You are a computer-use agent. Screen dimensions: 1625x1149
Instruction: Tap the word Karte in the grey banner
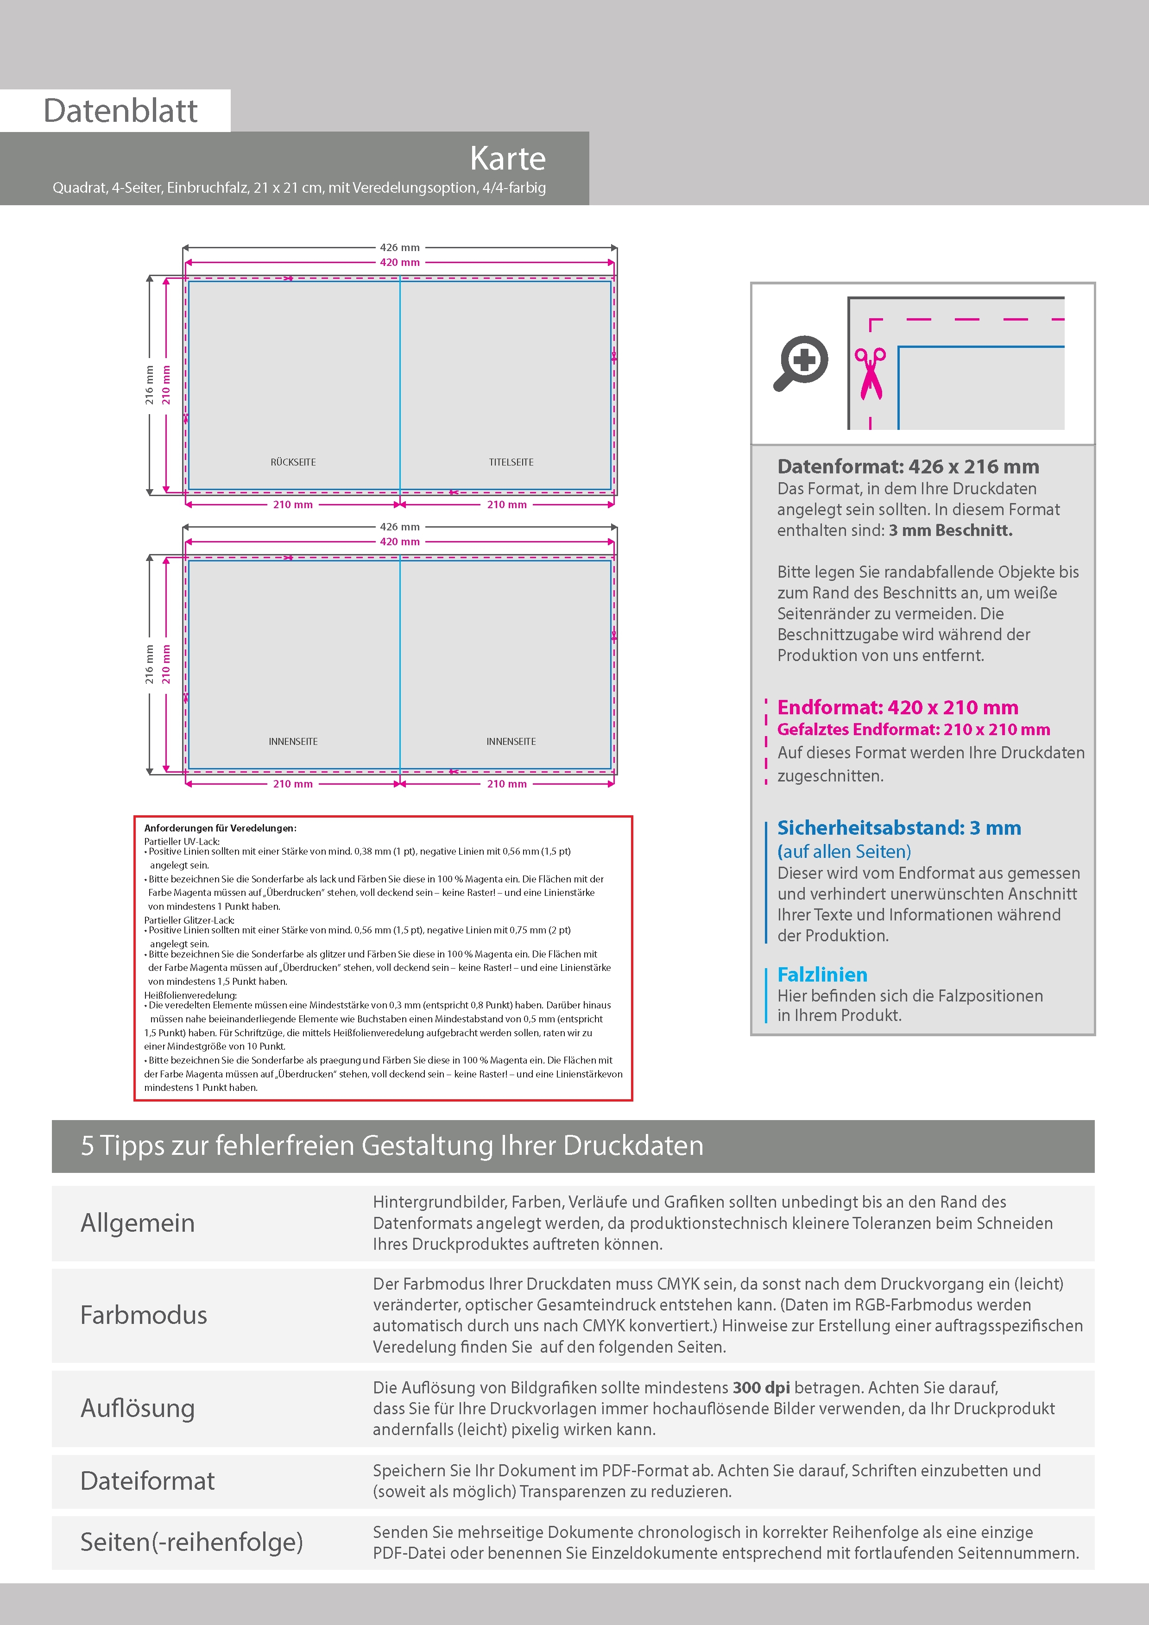(508, 158)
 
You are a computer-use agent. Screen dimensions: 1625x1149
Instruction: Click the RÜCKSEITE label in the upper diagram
(293, 462)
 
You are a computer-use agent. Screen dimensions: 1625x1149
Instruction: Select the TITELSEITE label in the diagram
(511, 462)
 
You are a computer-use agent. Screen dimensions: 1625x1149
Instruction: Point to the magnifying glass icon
(801, 362)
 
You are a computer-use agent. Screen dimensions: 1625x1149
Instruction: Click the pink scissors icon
(870, 373)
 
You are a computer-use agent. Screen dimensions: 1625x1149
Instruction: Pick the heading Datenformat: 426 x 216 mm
(908, 466)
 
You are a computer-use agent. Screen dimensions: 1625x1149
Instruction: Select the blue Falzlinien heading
(822, 975)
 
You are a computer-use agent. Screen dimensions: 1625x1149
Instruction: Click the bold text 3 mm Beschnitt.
(950, 530)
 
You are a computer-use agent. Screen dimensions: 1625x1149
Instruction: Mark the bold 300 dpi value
(761, 1387)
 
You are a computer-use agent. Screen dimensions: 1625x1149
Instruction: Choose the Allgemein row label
(137, 1222)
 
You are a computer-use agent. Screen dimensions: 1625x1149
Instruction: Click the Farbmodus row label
(144, 1314)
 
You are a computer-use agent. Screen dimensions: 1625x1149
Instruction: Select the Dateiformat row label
(147, 1480)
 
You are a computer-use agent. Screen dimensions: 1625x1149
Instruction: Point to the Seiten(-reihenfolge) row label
(191, 1542)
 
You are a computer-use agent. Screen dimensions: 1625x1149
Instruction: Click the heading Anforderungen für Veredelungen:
(220, 828)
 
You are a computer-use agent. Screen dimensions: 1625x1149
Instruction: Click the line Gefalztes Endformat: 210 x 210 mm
(913, 729)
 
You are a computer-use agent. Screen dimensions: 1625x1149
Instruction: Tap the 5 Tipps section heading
(392, 1145)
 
